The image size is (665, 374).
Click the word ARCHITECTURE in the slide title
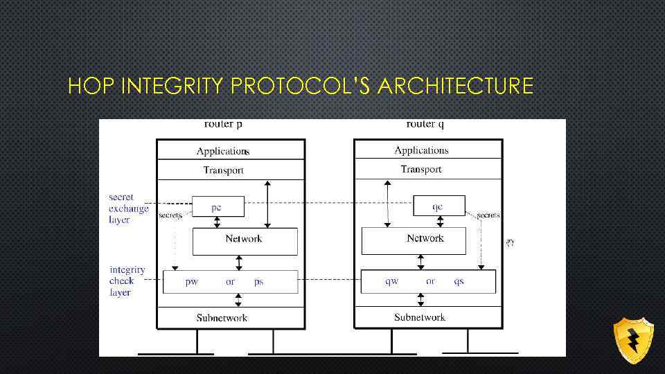point(456,87)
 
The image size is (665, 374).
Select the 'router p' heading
point(223,125)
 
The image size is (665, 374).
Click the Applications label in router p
point(222,151)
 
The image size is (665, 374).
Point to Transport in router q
point(421,169)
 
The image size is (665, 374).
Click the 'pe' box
point(218,206)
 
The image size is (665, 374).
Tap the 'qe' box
point(438,206)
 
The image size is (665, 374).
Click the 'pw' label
point(192,282)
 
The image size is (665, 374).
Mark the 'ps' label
point(258,282)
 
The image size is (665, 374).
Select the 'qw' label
point(392,281)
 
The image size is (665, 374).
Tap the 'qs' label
point(459,281)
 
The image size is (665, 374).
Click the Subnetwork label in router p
point(222,318)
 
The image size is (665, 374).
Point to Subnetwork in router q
point(420,317)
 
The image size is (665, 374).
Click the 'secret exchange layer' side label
point(128,208)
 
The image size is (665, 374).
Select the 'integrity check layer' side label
point(127,281)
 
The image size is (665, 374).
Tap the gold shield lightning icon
point(633,340)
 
